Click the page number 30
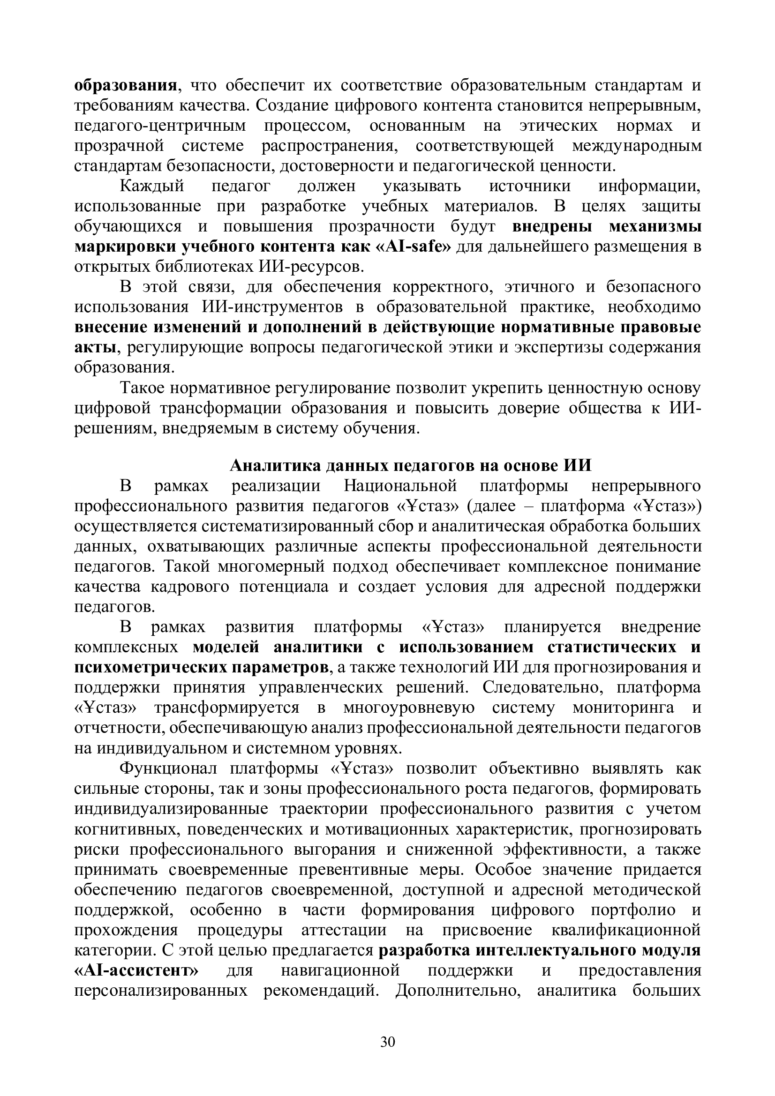(x=387, y=1042)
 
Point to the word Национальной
(x=400, y=485)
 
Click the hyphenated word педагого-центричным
(x=160, y=126)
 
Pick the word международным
(x=637, y=146)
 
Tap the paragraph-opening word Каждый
(x=152, y=186)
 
